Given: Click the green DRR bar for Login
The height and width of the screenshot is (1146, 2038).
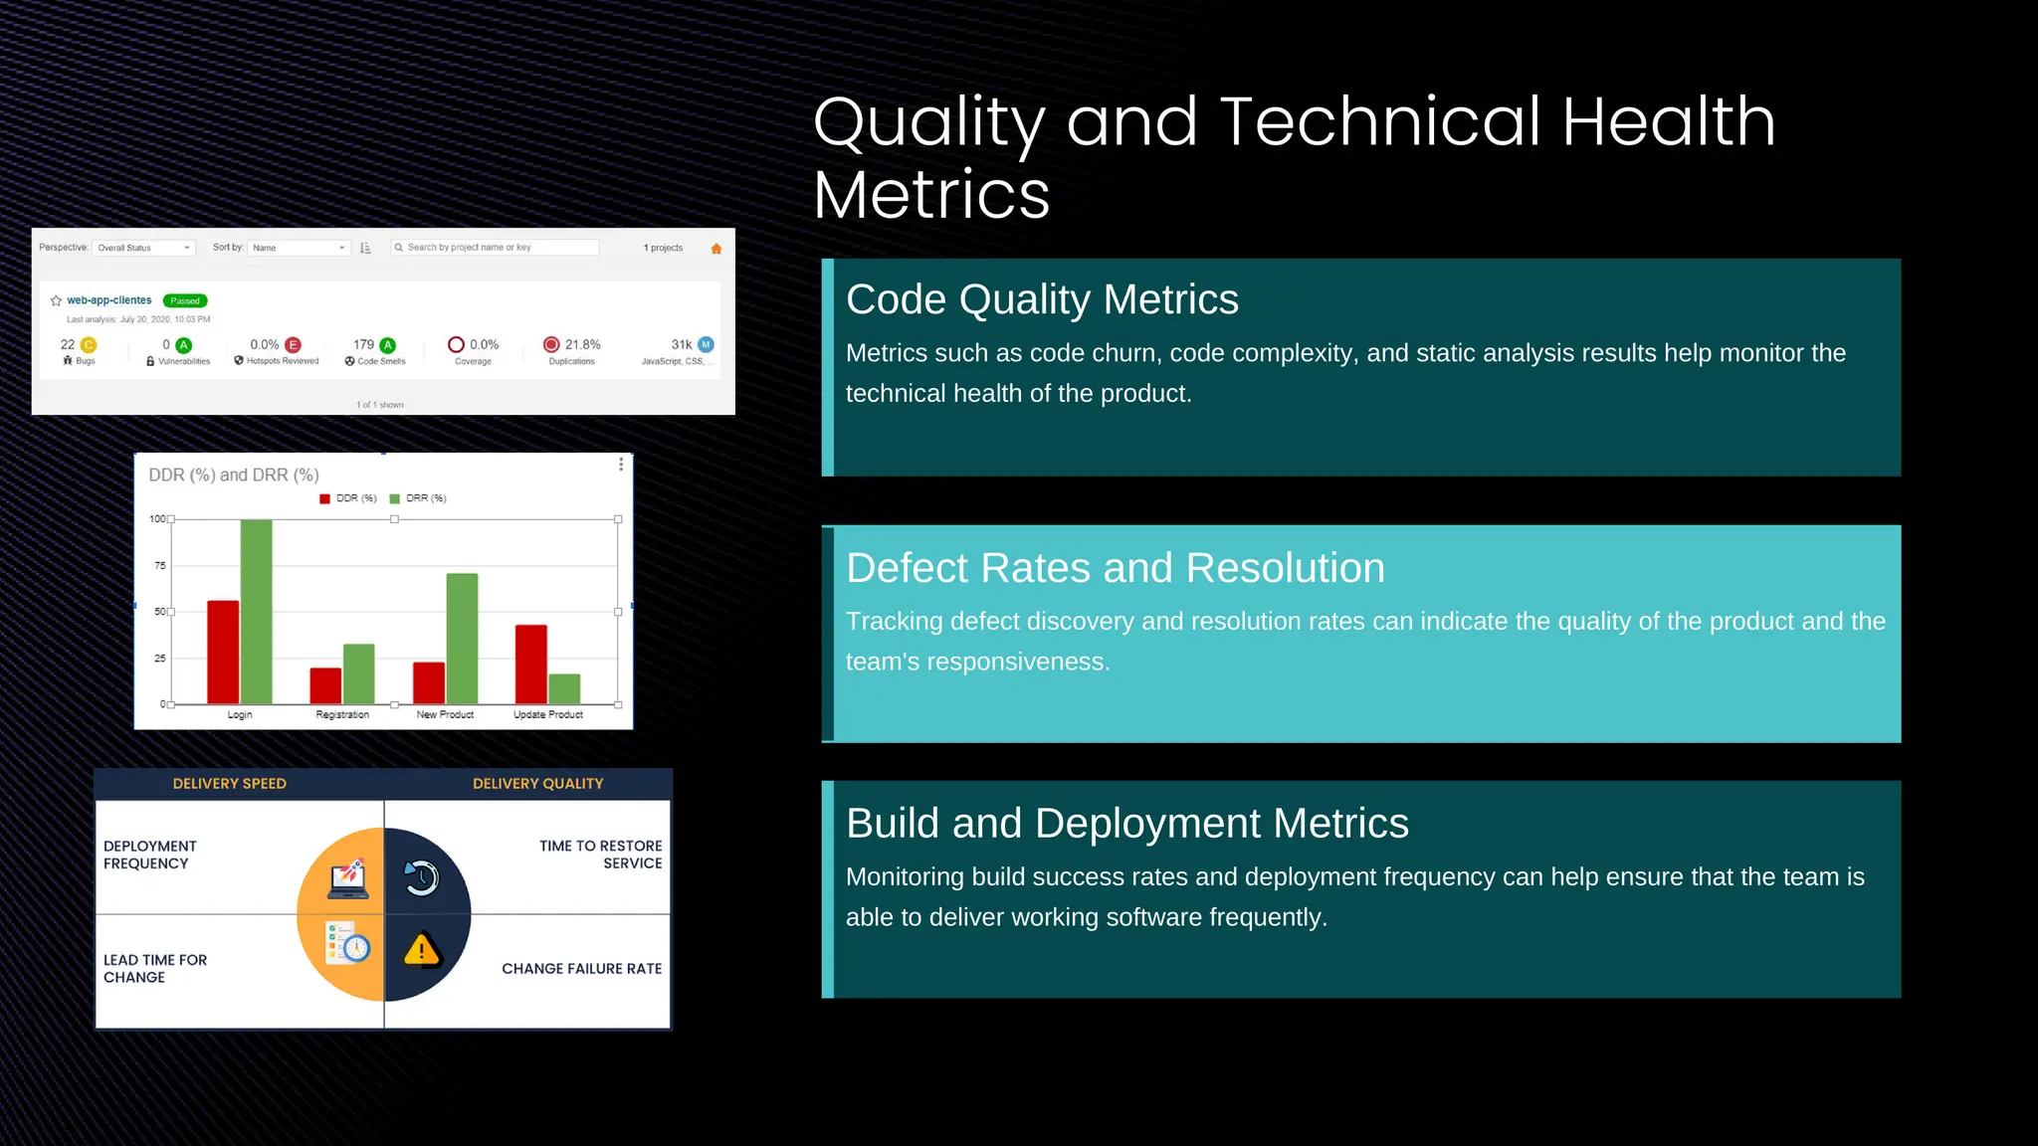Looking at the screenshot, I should point(256,612).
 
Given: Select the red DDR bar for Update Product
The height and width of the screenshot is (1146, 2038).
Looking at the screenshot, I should point(530,664).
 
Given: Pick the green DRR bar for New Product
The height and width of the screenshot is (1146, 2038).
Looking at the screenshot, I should point(462,638).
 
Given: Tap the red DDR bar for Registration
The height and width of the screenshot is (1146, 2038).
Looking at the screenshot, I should point(325,685).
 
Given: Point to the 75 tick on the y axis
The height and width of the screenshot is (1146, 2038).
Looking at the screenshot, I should point(160,565).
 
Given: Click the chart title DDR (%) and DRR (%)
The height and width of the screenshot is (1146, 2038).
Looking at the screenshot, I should point(234,476).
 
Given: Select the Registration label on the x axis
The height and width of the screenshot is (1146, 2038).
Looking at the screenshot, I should point(342,714).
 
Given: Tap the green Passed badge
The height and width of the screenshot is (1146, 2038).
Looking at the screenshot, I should point(185,300).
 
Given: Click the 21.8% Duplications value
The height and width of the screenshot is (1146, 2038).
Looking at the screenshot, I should point(582,344).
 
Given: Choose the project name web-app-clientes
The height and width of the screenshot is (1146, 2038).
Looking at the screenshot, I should point(109,300).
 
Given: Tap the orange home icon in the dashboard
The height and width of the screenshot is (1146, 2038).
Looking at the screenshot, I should point(715,249).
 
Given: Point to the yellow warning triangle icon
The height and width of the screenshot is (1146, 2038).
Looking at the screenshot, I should point(422,950).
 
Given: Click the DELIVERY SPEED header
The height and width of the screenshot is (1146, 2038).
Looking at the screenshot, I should point(230,784).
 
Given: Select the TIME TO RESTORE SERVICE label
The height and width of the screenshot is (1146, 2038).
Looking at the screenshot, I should point(601,855).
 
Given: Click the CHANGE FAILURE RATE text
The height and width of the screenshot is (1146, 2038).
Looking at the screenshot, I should point(581,969).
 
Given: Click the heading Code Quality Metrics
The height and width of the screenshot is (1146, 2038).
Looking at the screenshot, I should point(1042,299).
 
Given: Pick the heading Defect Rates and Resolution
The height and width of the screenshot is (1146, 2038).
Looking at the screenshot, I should point(1115,568).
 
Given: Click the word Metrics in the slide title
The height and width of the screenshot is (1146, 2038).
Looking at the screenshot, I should point(931,195).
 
